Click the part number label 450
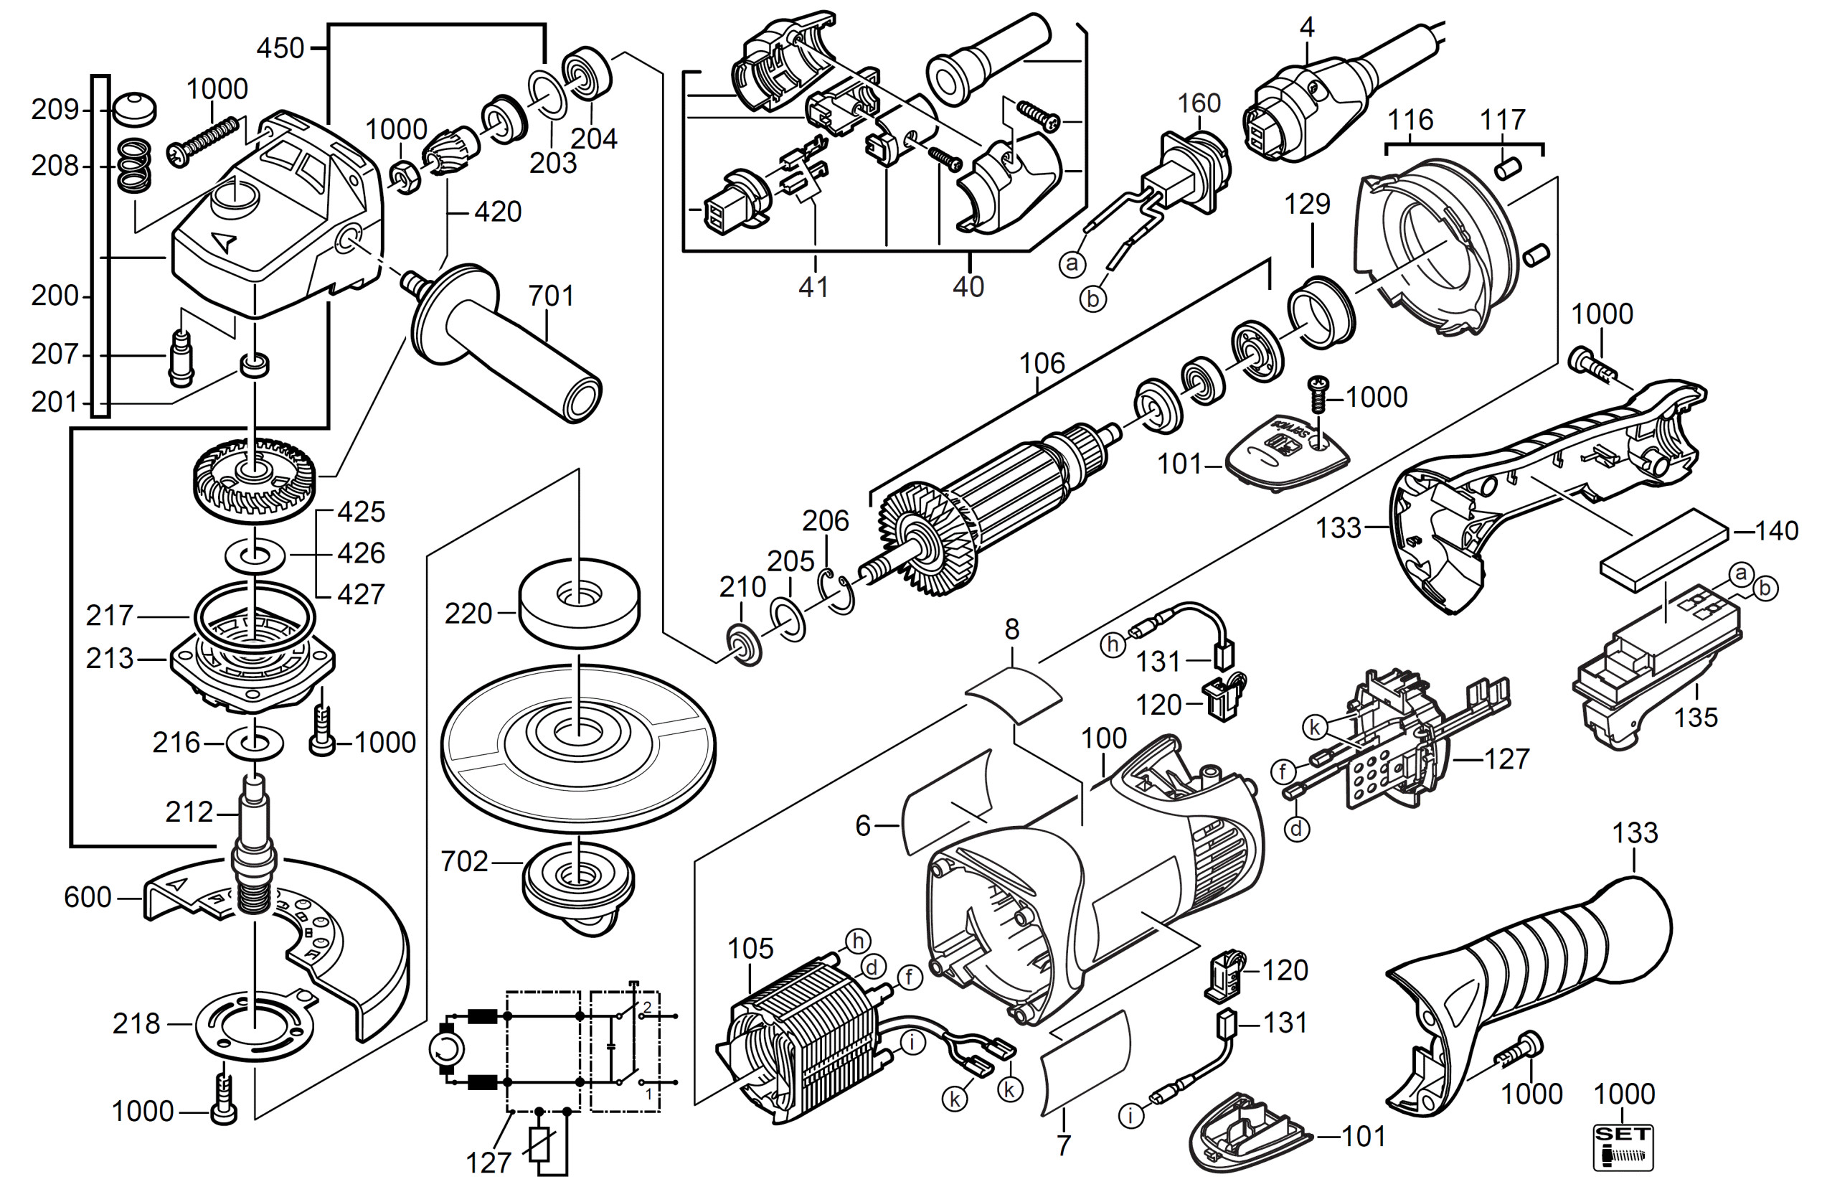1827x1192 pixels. coord(280,47)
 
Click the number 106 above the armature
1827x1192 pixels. coord(1042,363)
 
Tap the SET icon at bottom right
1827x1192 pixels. coord(1623,1148)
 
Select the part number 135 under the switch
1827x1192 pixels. coord(1696,718)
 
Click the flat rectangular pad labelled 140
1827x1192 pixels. coord(1664,549)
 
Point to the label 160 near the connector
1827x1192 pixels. coord(1199,103)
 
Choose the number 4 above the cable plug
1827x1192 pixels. coord(1307,28)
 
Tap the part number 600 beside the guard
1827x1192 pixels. coord(88,897)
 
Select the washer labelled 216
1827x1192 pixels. coord(254,743)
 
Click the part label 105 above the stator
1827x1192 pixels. coord(750,949)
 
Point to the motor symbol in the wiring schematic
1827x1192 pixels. coord(446,1050)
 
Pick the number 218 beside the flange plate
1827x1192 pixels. coord(136,1024)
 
